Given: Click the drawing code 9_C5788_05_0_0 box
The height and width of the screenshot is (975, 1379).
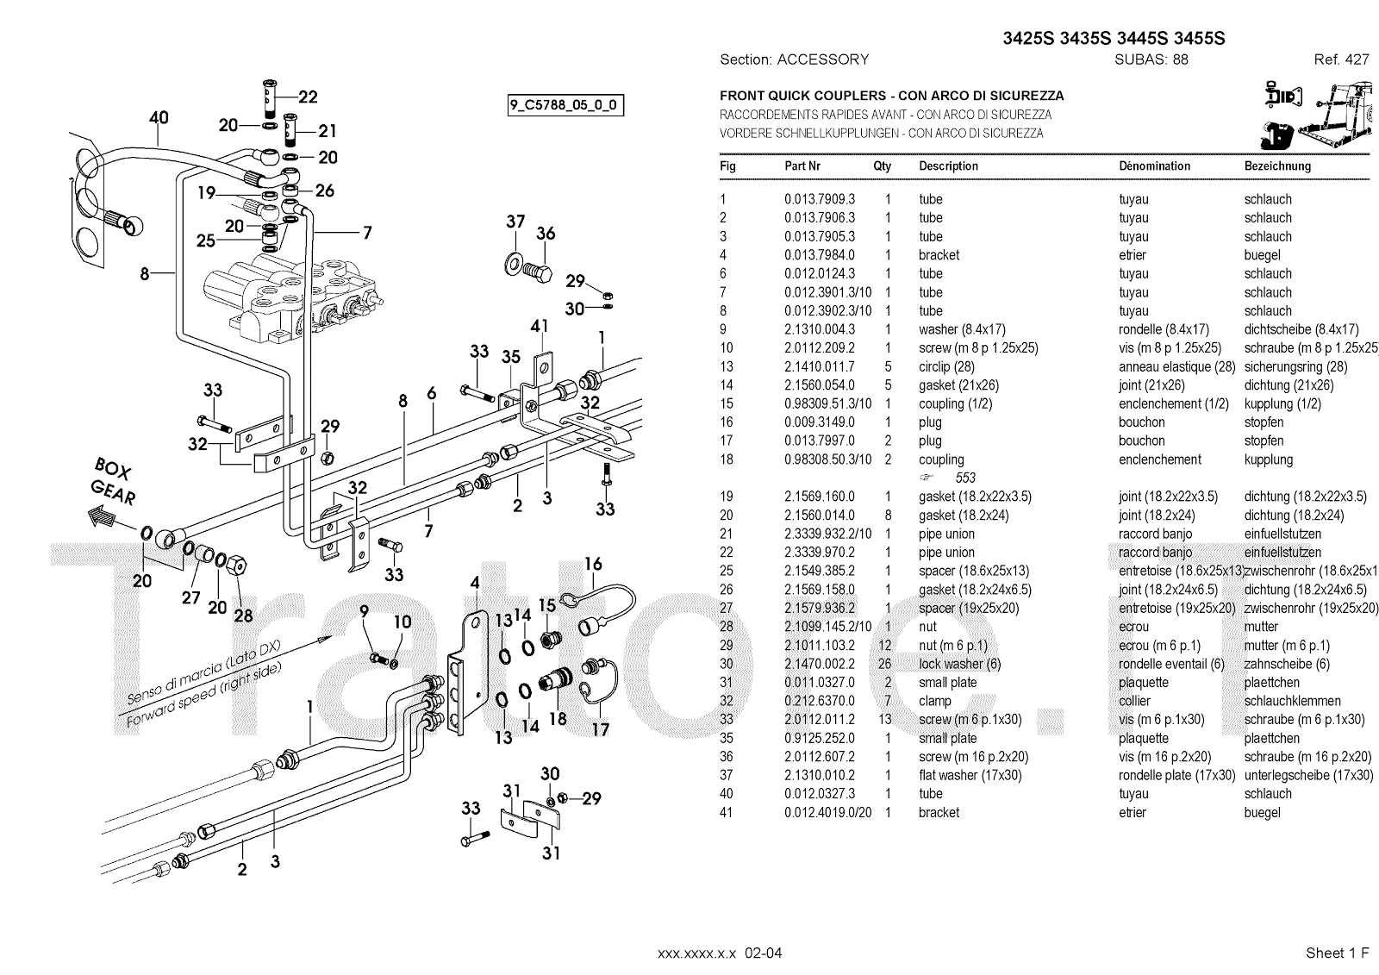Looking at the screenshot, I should (x=565, y=106).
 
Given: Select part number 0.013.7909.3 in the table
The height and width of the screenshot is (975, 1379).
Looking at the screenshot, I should (x=819, y=199).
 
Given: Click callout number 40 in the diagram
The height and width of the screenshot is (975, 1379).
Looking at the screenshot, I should (x=159, y=118).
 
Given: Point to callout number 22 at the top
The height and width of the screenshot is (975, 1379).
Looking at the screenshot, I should (x=308, y=97).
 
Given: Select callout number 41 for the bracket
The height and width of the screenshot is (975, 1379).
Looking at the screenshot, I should (x=540, y=327).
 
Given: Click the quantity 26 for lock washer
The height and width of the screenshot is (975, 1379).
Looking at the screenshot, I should (x=887, y=664).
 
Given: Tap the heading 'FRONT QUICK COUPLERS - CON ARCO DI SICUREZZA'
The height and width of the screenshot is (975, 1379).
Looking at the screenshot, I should (x=891, y=96).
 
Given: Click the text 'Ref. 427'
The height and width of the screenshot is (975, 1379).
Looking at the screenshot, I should (x=1341, y=59).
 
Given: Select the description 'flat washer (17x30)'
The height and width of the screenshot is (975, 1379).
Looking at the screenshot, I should (x=970, y=775).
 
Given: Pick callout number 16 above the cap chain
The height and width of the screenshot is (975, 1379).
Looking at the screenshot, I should (x=593, y=565).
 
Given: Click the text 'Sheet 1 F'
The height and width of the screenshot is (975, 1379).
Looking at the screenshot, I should (x=1337, y=953).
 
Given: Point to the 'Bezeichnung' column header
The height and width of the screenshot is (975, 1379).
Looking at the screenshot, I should (x=1276, y=166).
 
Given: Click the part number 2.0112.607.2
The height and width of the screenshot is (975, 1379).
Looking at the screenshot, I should (x=819, y=757).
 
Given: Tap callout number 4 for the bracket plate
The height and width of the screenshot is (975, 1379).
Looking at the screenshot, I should (x=474, y=584).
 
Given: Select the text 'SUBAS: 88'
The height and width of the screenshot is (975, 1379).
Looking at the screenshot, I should (x=1151, y=59).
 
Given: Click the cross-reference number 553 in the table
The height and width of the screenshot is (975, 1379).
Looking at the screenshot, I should (x=964, y=478).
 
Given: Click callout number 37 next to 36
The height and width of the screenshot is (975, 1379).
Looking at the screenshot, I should (x=515, y=222).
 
